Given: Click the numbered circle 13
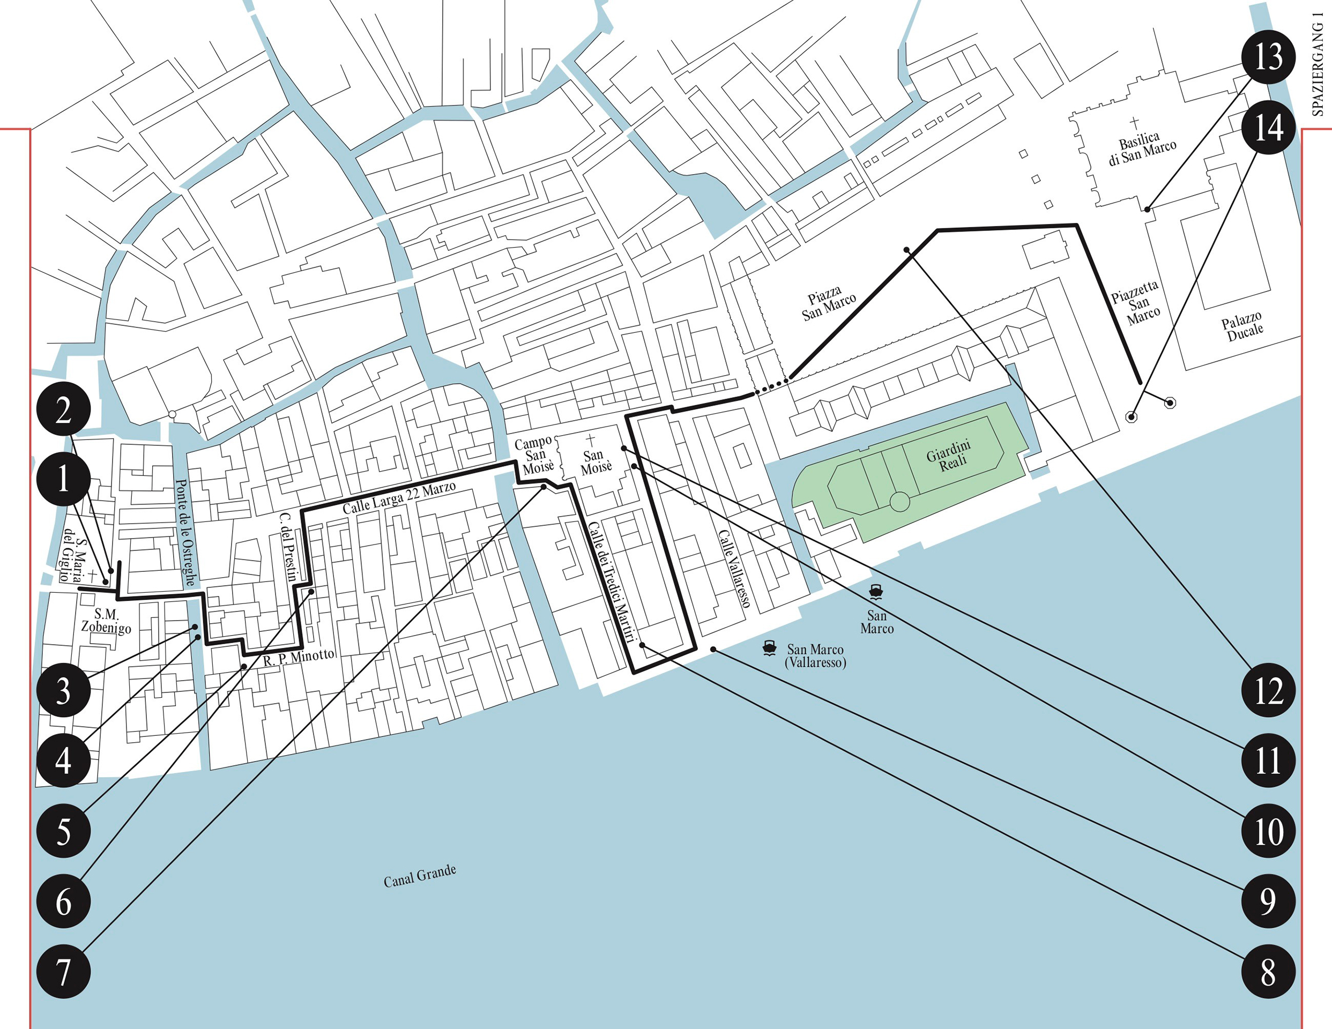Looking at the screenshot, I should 1268,57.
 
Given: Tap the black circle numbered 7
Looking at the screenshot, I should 63,971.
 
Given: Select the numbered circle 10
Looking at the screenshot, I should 1269,831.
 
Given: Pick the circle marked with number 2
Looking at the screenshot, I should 63,410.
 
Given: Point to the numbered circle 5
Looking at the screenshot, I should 63,831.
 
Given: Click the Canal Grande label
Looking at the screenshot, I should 420,876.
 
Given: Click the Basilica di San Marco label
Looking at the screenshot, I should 1142,148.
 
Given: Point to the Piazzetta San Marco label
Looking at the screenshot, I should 1136,303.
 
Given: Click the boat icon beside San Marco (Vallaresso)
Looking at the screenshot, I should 769,648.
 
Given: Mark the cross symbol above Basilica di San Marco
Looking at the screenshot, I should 1134,124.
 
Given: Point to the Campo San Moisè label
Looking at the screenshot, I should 535,455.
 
